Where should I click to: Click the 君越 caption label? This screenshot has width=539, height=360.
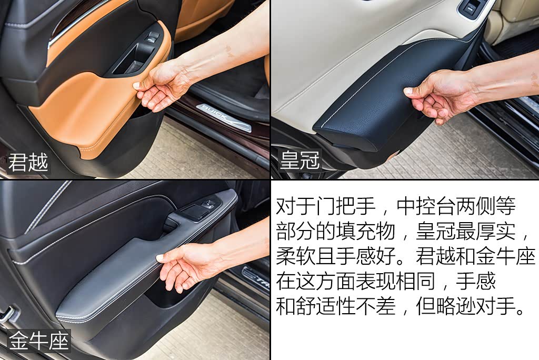tap(28, 162)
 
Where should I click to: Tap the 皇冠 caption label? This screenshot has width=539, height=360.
tap(300, 160)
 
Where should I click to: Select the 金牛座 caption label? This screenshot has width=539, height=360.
tap(38, 341)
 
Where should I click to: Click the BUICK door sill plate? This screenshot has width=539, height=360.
tap(224, 117)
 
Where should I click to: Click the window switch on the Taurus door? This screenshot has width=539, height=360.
tap(198, 210)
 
